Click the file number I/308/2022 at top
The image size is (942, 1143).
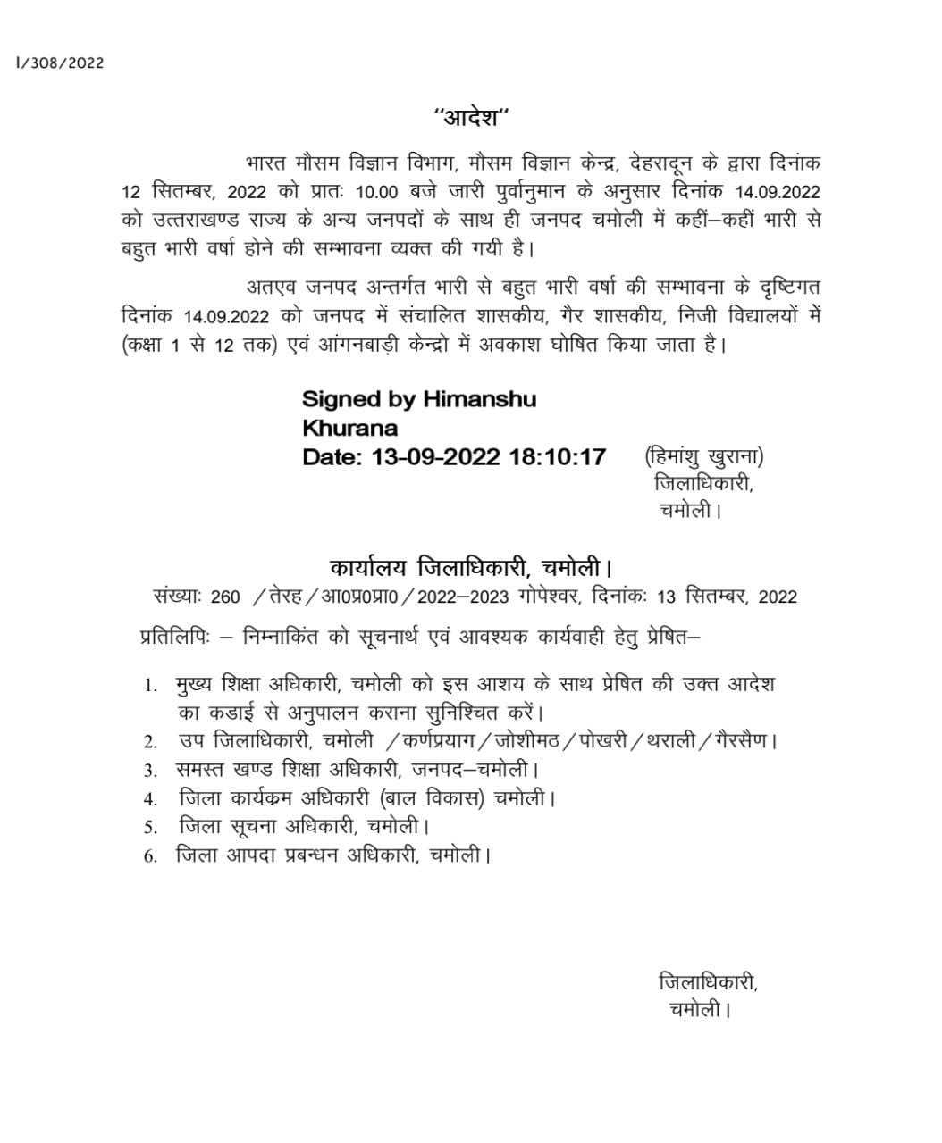(x=60, y=63)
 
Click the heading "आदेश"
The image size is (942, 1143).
(x=471, y=117)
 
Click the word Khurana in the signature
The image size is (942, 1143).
(x=349, y=428)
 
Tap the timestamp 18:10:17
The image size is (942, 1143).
(x=557, y=457)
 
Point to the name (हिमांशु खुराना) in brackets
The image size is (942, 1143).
(x=704, y=457)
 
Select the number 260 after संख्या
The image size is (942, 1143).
(x=226, y=597)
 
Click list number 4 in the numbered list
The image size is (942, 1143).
(x=151, y=799)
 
